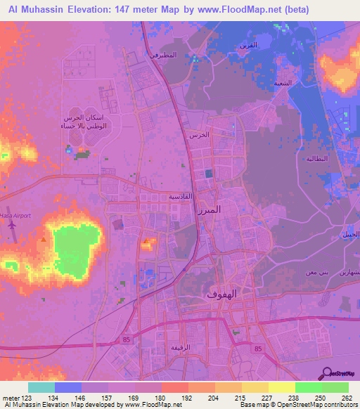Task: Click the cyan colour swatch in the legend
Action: (41, 387)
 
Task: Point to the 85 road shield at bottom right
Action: (258, 349)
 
